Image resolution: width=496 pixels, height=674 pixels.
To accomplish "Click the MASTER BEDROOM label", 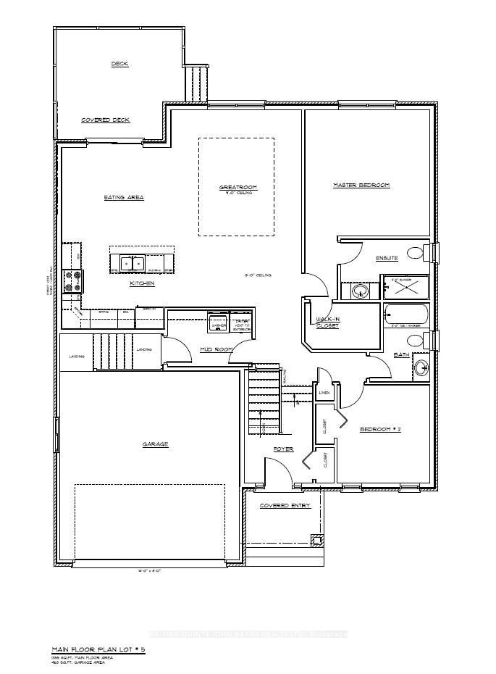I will pyautogui.click(x=361, y=186).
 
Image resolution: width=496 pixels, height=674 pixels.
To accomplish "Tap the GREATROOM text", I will pyautogui.click(x=238, y=188).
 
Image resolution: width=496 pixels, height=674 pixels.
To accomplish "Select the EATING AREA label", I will pyautogui.click(x=125, y=197).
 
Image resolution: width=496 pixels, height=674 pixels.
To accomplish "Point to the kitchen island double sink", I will pyautogui.click(x=132, y=263).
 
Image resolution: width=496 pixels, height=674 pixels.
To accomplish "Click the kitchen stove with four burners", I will pyautogui.click(x=72, y=280).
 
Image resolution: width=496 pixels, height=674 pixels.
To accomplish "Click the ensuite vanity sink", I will pyautogui.click(x=360, y=291).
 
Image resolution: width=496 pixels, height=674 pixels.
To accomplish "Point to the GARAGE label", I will pyautogui.click(x=156, y=444).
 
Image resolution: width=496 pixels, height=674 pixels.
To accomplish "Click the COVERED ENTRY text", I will pyautogui.click(x=285, y=505).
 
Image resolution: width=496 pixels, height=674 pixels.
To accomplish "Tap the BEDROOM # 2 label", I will pyautogui.click(x=380, y=430).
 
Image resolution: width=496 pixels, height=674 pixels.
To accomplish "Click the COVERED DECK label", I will pyautogui.click(x=105, y=120).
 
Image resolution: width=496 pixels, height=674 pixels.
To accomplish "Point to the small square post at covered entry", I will pyautogui.click(x=315, y=540).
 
